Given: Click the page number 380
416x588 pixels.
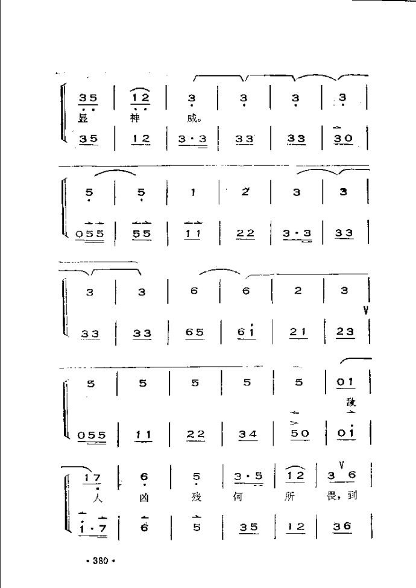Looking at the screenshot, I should [100, 561].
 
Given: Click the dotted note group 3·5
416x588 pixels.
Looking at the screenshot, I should [247, 477].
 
